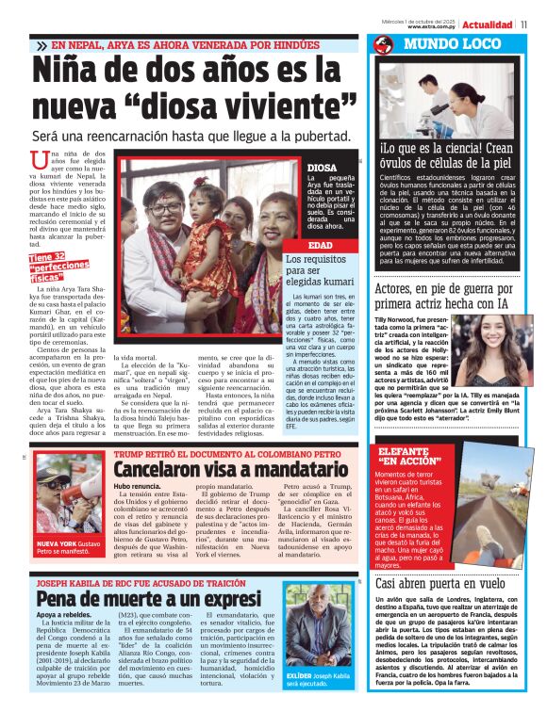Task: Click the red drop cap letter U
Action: (x=39, y=161)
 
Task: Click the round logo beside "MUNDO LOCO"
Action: (x=383, y=44)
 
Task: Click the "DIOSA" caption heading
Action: (x=322, y=169)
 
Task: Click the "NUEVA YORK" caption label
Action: (x=56, y=544)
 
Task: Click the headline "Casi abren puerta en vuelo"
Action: (x=439, y=583)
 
